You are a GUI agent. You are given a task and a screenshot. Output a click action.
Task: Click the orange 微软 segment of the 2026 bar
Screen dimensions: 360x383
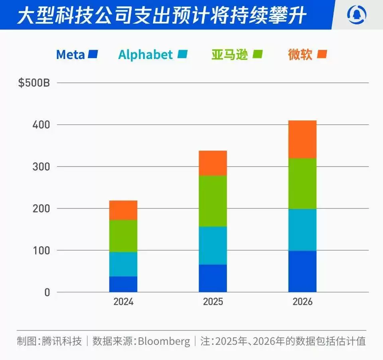302,139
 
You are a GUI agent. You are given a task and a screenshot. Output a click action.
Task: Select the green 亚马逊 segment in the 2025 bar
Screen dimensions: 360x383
213,201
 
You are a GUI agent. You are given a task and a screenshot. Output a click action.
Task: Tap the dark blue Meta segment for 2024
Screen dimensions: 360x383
123,284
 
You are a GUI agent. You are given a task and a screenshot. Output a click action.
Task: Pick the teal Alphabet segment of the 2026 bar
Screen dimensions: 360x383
302,230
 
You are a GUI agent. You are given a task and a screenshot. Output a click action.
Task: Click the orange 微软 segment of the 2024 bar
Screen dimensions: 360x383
123,210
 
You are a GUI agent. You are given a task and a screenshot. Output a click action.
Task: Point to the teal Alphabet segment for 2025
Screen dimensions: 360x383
213,246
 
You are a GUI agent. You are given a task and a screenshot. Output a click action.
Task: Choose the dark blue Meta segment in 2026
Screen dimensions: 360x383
302,271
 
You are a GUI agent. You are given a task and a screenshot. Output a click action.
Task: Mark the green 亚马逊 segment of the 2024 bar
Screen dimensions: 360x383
123,236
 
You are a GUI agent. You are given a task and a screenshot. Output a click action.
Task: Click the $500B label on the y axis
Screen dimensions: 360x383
34,83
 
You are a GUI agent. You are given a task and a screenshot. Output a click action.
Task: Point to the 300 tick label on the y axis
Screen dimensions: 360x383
41,167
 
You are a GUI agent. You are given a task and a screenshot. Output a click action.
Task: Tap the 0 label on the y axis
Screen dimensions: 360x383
47,292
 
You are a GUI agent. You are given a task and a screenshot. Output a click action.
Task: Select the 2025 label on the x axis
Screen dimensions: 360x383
213,302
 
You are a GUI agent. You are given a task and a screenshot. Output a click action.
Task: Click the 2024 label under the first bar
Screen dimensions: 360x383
123,302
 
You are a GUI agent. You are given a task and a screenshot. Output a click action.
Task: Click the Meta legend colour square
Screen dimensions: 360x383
93,54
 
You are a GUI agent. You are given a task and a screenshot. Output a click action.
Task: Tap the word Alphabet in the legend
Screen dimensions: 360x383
146,55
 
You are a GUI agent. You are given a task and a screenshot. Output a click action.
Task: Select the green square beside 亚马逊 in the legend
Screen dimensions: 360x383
257,54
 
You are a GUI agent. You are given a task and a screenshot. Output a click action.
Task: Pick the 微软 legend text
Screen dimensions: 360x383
300,55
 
